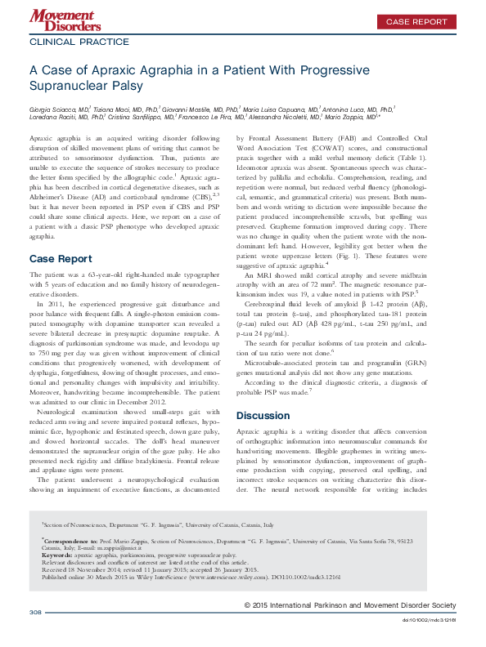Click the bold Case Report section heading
click(x=61, y=212)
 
